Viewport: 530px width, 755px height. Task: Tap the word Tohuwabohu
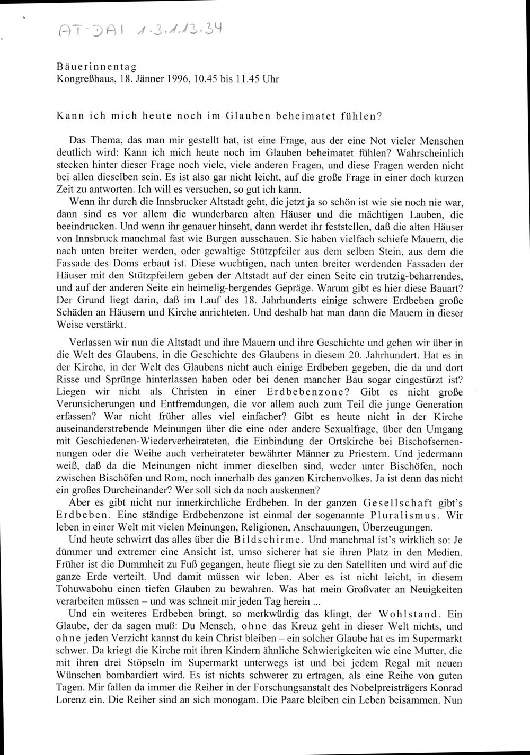click(85, 589)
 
